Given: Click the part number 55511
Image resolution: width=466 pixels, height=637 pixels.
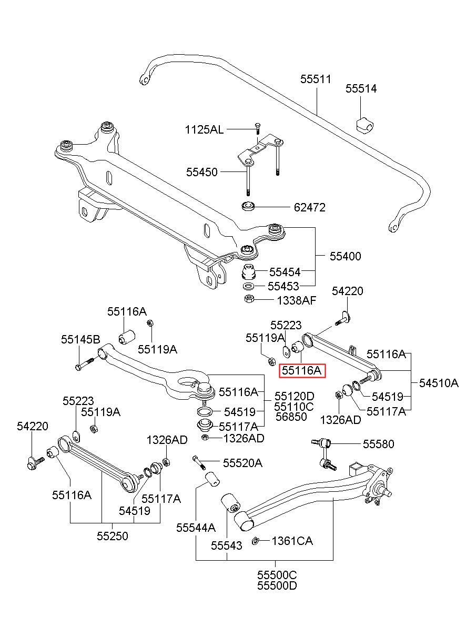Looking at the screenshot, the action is tap(316, 79).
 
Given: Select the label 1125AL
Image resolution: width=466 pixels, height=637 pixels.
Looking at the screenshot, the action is tap(204, 130).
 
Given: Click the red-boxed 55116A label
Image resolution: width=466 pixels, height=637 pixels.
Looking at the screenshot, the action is tap(302, 370).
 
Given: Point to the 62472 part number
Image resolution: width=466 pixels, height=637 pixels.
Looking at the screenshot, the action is tap(309, 208).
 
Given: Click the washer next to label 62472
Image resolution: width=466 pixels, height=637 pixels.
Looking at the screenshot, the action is tap(248, 206).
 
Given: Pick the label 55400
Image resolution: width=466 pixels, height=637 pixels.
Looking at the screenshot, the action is tap(345, 256).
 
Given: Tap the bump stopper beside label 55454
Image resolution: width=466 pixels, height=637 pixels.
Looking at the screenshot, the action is tap(249, 272).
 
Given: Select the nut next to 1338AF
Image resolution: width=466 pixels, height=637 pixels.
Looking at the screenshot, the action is tap(249, 299).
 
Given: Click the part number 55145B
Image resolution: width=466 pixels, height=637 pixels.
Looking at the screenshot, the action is tap(80, 340).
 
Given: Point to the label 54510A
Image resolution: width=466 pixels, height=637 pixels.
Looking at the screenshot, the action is tap(439, 383).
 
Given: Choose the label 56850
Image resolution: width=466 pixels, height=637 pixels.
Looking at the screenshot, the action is tap(291, 417).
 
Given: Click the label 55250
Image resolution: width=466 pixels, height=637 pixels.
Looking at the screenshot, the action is tap(113, 536).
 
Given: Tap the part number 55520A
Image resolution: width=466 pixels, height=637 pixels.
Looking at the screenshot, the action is tap(242, 463).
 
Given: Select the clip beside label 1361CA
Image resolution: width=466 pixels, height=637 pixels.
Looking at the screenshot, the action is tap(255, 541).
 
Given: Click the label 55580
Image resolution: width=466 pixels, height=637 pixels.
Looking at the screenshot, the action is tap(379, 444).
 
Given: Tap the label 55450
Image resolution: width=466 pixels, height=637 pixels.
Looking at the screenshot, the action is tap(201, 172).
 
